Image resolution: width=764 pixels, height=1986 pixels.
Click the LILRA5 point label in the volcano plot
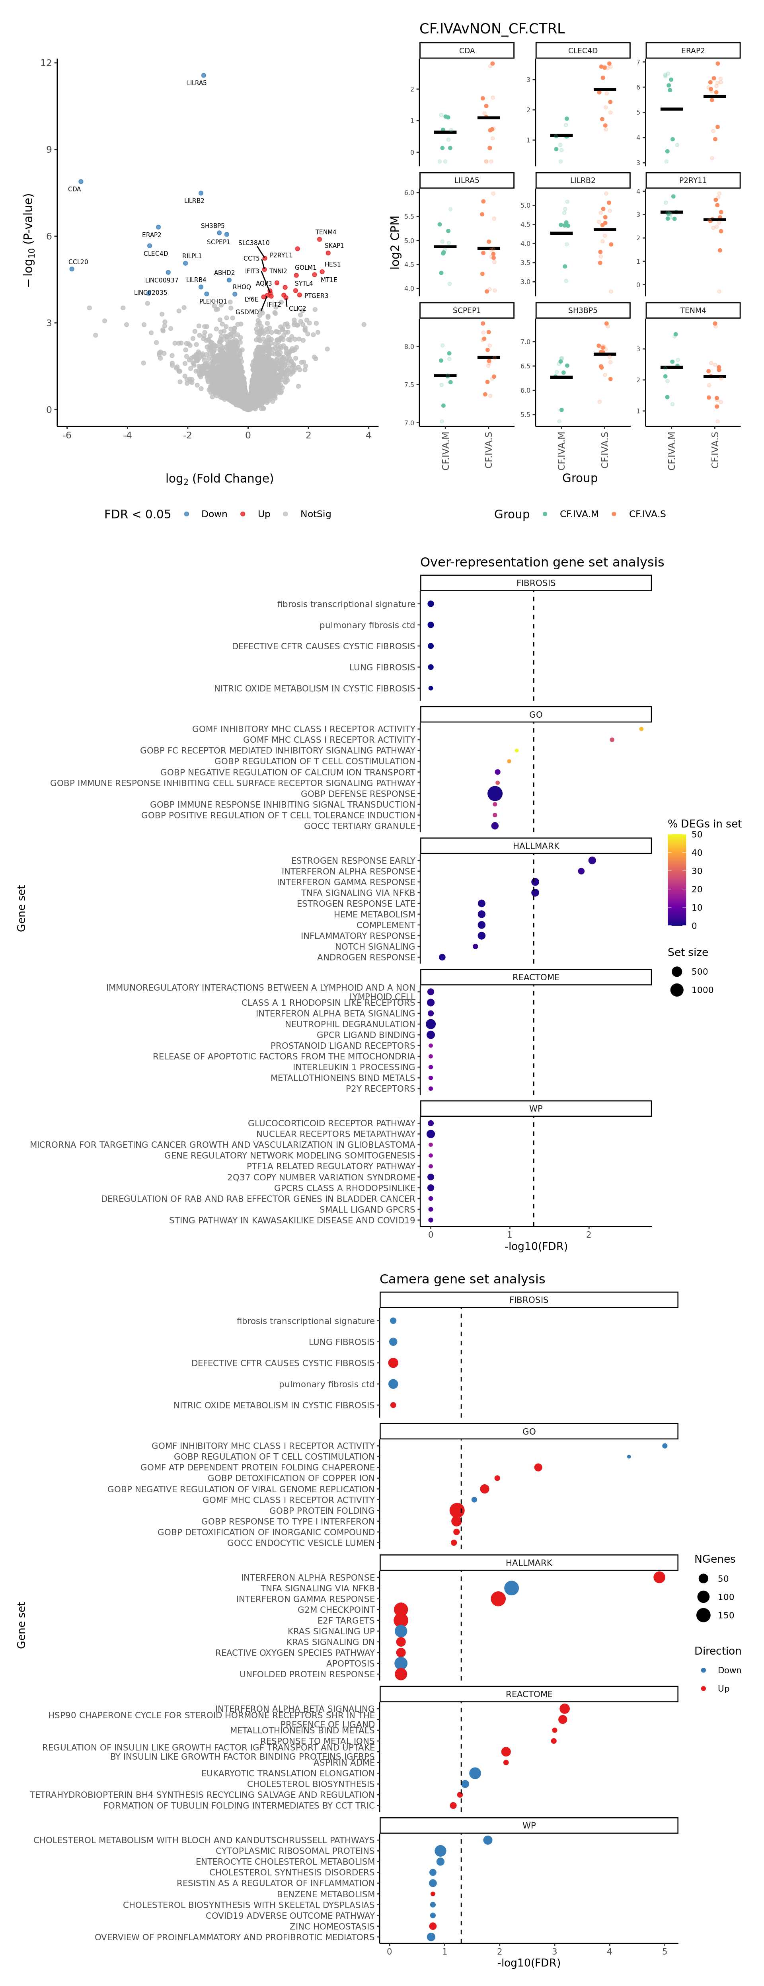coord(197,83)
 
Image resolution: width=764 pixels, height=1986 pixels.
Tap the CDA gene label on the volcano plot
coord(74,189)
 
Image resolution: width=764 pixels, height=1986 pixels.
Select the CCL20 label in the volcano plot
coord(78,262)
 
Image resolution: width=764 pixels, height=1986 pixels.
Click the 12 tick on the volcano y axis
coord(46,62)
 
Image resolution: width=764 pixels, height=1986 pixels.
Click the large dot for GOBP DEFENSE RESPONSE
coord(495,793)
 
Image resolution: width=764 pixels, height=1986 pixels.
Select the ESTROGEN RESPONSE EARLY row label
coord(353,861)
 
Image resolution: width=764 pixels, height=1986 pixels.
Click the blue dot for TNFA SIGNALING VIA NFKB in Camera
coord(511,1588)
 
